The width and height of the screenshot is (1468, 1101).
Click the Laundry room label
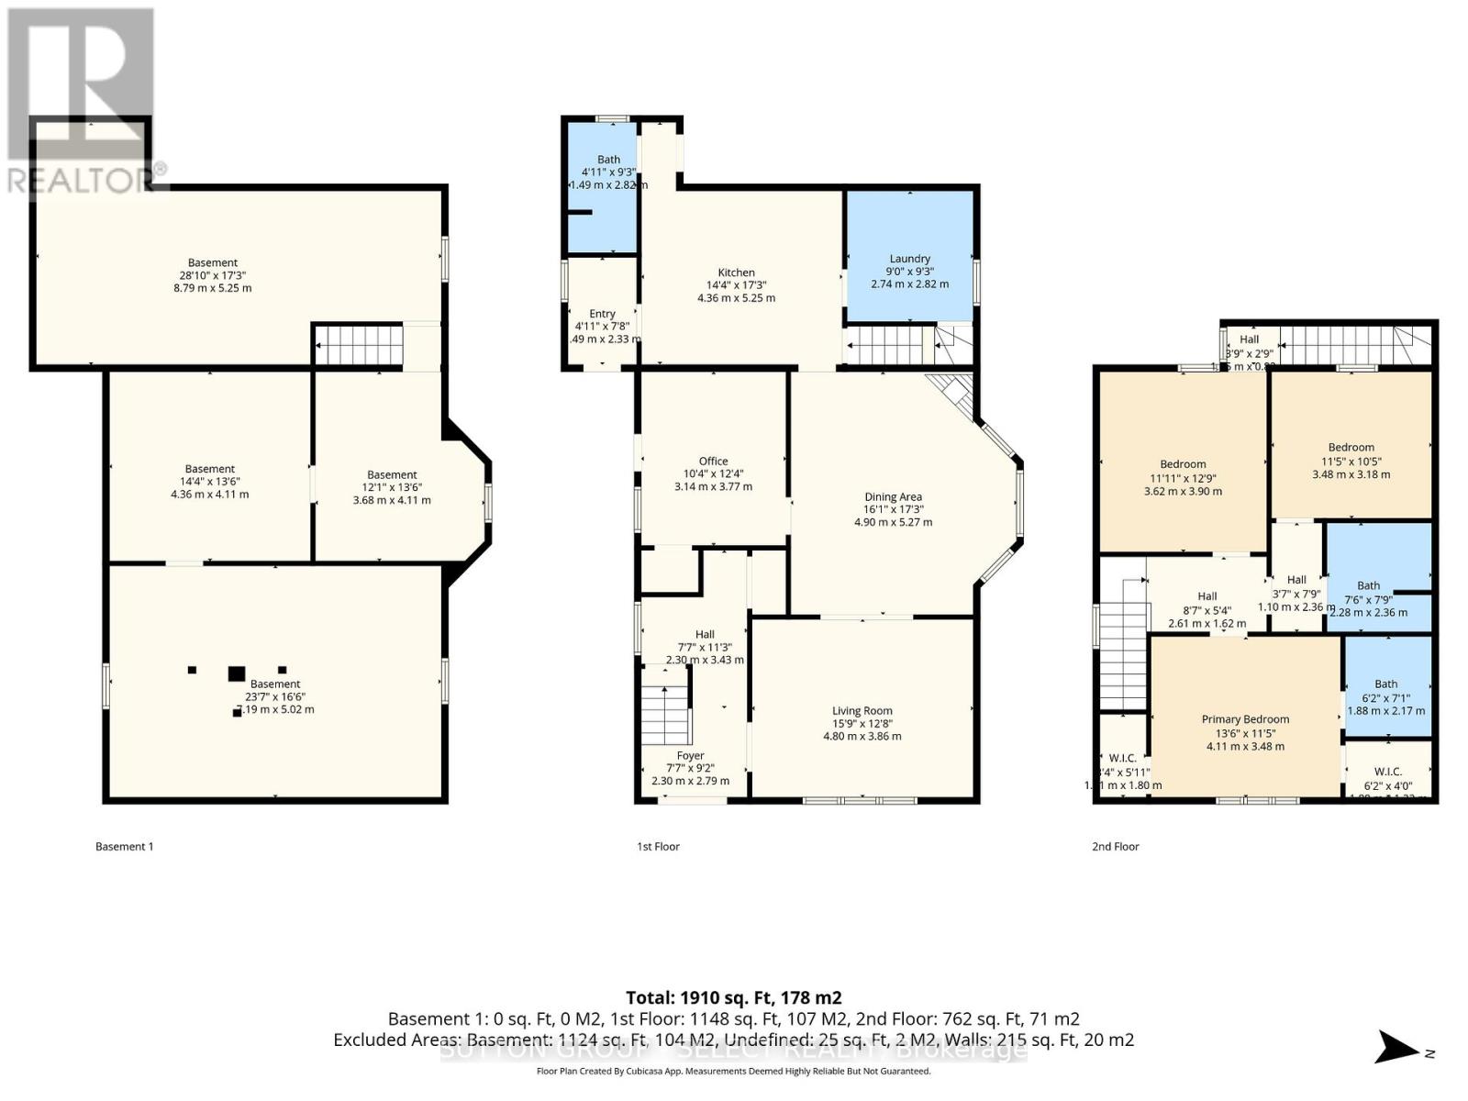(x=909, y=259)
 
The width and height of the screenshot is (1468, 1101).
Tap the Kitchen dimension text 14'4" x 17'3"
(x=736, y=285)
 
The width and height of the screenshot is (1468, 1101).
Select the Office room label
(x=713, y=462)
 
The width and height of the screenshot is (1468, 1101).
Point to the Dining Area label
(x=893, y=497)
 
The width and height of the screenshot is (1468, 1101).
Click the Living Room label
(x=862, y=711)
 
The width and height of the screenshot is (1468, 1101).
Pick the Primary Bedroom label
(x=1245, y=719)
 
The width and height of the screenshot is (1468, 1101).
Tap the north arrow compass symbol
(x=1398, y=1046)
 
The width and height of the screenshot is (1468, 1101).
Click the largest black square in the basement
(x=237, y=673)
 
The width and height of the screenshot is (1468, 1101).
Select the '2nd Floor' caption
(x=1115, y=847)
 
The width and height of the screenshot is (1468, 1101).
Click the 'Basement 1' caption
(x=124, y=847)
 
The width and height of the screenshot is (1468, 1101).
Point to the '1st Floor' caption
(x=658, y=847)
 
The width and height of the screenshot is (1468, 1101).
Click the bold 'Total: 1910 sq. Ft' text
(x=733, y=997)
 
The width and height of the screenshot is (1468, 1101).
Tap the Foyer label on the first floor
(x=690, y=756)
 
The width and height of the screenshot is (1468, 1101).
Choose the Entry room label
(x=602, y=314)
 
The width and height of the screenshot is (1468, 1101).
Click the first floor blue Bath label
(x=608, y=160)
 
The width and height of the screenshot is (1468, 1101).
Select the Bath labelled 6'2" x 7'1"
(x=1385, y=684)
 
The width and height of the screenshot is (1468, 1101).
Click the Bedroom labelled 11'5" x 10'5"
(x=1351, y=448)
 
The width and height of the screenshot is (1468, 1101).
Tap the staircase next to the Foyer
(x=664, y=715)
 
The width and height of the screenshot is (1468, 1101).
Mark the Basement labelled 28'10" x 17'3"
(x=213, y=263)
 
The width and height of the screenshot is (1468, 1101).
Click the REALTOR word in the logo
(x=78, y=180)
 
